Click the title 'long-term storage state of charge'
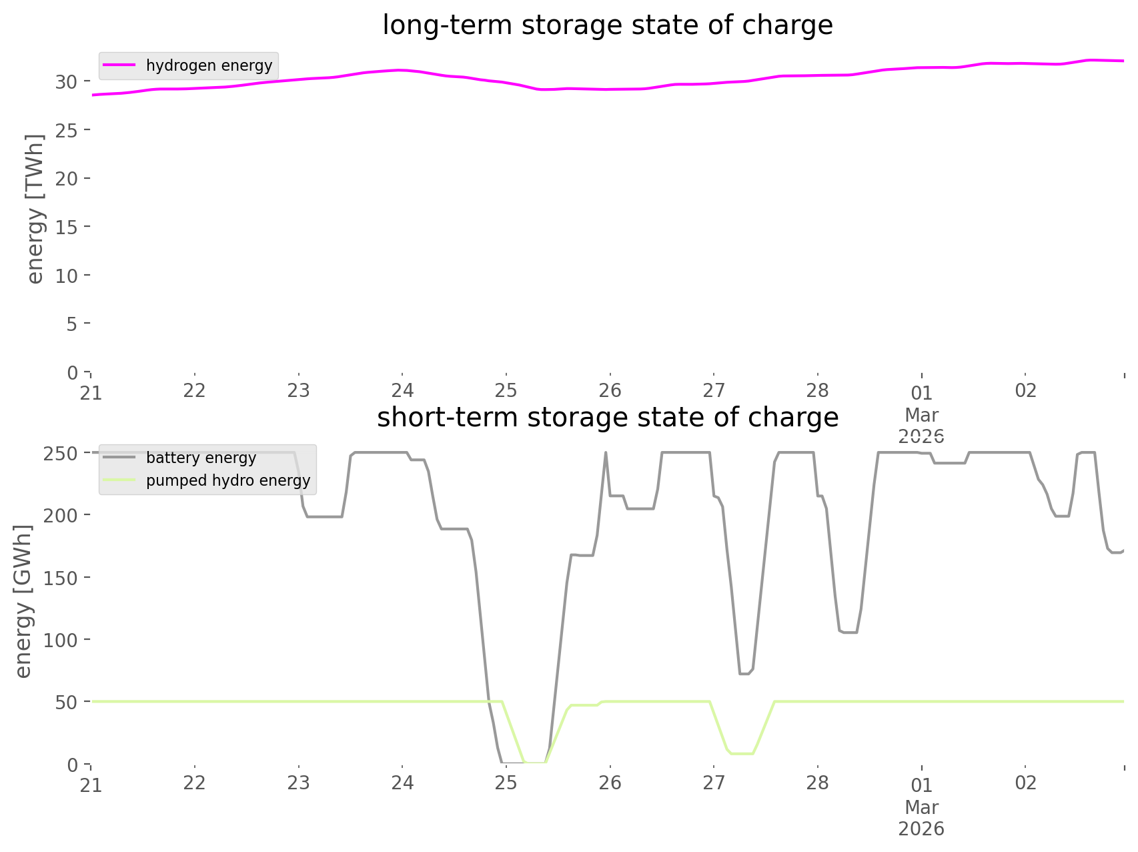pyautogui.click(x=607, y=25)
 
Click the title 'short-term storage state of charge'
pyautogui.click(x=607, y=418)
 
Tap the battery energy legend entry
pyautogui.click(x=201, y=458)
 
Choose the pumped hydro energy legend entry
pyautogui.click(x=227, y=480)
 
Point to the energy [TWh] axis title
pyautogui.click(x=35, y=209)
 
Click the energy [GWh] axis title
pyautogui.click(x=23, y=601)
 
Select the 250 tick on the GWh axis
pyautogui.click(x=61, y=453)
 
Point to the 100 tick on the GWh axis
pyautogui.click(x=61, y=640)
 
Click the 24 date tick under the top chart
pyautogui.click(x=402, y=390)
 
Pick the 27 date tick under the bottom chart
pyautogui.click(x=714, y=783)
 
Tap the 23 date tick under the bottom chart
pyautogui.click(x=298, y=783)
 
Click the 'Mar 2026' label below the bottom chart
pyautogui.click(x=921, y=818)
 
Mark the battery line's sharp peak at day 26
pyautogui.click(x=606, y=453)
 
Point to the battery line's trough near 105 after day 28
pyautogui.click(x=849, y=632)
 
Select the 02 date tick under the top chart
pyautogui.click(x=1025, y=390)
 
